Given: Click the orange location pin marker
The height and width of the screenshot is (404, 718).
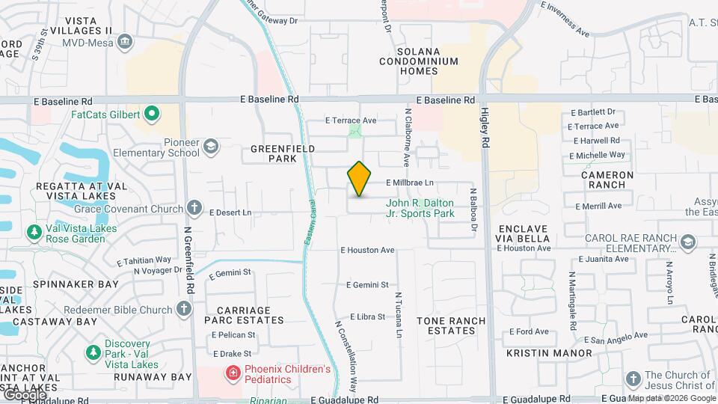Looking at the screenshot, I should [x=359, y=179].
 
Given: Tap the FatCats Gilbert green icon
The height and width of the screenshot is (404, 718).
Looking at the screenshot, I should [x=152, y=114].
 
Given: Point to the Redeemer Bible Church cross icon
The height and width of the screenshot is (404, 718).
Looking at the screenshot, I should [x=184, y=309].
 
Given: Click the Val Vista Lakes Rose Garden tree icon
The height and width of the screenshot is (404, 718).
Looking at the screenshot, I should [x=34, y=233].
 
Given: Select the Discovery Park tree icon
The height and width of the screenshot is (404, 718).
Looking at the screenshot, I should [x=93, y=351].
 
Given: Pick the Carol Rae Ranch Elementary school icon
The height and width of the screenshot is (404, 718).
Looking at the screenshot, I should [x=687, y=242].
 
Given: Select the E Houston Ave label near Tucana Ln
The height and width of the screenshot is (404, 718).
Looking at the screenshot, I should [x=367, y=250].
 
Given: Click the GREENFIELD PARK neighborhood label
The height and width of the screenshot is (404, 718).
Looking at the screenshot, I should [x=274, y=153].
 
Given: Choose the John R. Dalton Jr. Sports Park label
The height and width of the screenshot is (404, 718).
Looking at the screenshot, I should [x=420, y=208].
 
